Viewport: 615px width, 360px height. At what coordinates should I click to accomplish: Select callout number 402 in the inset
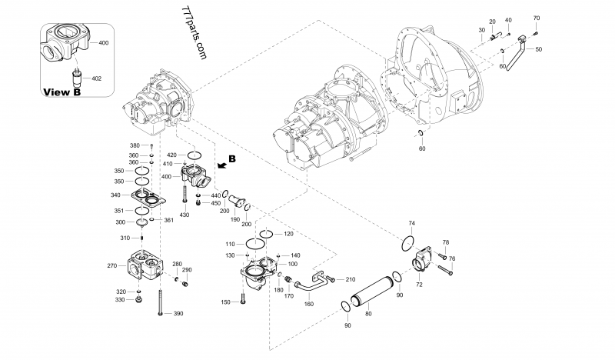pos(96,78)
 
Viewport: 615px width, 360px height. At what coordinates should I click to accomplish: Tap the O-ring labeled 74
pos(407,244)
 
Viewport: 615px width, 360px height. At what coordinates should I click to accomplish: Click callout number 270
pos(111,265)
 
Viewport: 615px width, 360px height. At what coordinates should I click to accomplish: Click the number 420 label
pos(171,155)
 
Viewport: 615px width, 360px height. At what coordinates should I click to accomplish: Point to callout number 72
pos(420,285)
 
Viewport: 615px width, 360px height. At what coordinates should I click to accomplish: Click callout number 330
pos(121,300)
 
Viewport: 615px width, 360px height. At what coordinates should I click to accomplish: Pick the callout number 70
pos(536,18)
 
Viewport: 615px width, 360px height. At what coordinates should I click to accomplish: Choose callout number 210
pos(351,279)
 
